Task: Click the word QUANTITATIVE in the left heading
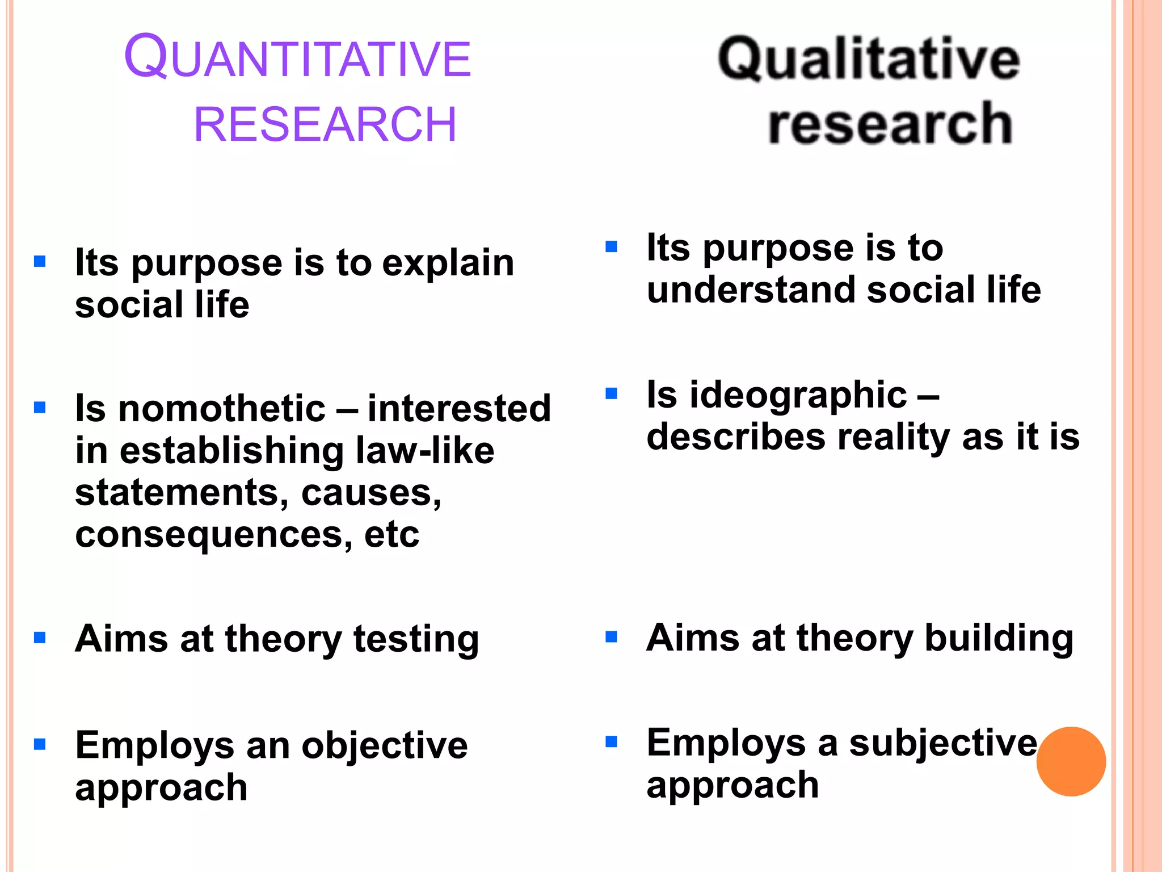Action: [297, 57]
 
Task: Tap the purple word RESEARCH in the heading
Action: [325, 124]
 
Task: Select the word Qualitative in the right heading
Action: [869, 59]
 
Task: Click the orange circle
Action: [1071, 761]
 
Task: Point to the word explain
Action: [448, 263]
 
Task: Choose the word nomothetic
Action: [222, 409]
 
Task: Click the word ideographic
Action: [798, 395]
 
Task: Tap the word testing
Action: [416, 639]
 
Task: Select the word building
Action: [999, 638]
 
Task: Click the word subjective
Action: [943, 743]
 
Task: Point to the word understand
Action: [751, 290]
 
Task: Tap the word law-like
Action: [425, 451]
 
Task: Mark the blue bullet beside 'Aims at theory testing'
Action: [40, 638]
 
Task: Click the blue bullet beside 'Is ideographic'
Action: [611, 393]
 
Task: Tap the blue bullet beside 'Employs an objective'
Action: [40, 744]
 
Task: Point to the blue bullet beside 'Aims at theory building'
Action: [611, 636]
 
